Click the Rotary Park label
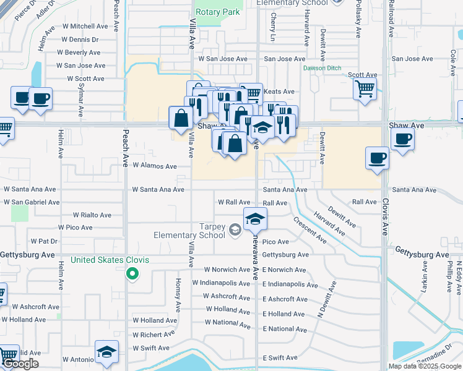pos(217,12)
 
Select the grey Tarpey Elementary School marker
pos(235,231)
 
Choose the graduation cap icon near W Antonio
pos(107,352)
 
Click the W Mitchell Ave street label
pos(81,27)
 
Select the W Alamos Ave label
pos(154,166)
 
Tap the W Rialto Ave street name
pos(92,215)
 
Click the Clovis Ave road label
pos(385,217)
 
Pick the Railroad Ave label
pos(391,22)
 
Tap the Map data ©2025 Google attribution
pos(425,366)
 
